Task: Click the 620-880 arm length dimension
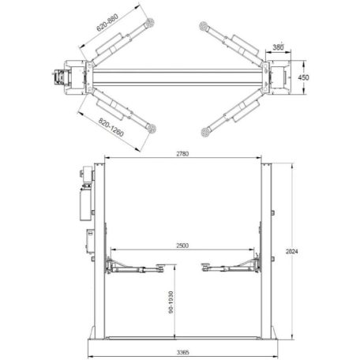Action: click(107, 22)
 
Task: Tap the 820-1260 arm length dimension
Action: click(111, 127)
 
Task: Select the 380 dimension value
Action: click(278, 47)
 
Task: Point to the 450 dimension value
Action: click(303, 77)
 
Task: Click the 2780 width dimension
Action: click(182, 154)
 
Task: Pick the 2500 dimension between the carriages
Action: click(182, 246)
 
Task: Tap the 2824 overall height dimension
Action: click(292, 252)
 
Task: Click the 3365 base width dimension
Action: click(182, 352)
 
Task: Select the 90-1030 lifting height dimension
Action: click(171, 302)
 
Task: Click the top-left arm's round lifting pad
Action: click(150, 22)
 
